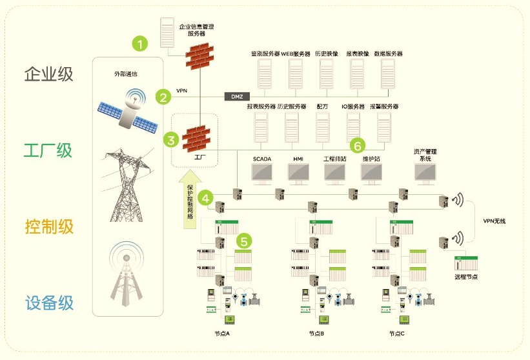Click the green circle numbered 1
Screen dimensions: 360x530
pos(140,44)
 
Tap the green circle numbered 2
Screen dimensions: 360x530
pos(164,97)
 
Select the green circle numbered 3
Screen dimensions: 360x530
pos(170,139)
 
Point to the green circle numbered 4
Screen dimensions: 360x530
pos(206,197)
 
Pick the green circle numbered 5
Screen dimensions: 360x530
pos(243,241)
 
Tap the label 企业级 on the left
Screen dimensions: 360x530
pos(48,74)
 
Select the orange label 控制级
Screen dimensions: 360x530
pos(48,226)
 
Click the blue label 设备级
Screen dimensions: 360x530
pos(48,303)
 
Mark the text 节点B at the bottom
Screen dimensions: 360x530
pos(316,334)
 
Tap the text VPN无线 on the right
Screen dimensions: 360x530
pos(494,221)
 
